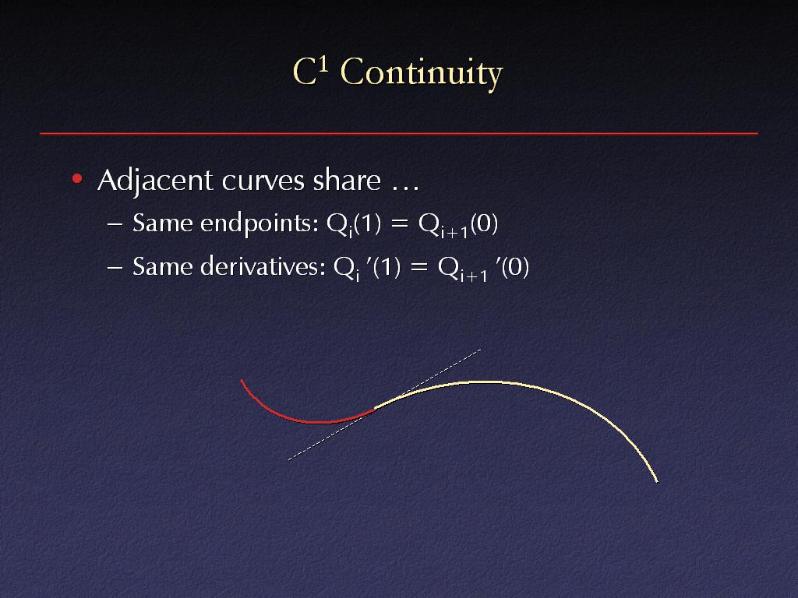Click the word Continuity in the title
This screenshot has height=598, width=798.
pyautogui.click(x=422, y=73)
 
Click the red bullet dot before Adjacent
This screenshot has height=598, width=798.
pyautogui.click(x=77, y=178)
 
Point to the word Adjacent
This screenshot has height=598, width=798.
pyautogui.click(x=155, y=181)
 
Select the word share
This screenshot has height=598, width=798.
pyautogui.click(x=347, y=180)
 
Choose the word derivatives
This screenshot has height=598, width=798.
pyautogui.click(x=263, y=266)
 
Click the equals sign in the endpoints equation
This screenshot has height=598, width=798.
pyautogui.click(x=400, y=223)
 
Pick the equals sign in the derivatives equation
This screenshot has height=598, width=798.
pyautogui.click(x=418, y=267)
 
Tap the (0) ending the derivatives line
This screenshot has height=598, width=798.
pyautogui.click(x=515, y=267)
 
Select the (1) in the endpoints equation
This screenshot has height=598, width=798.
pyautogui.click(x=367, y=223)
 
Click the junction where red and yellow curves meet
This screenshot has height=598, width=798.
pyautogui.click(x=375, y=408)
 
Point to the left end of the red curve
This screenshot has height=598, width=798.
pyautogui.click(x=242, y=380)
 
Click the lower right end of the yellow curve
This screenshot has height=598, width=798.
pyautogui.click(x=658, y=481)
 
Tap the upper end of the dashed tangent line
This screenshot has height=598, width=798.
pyautogui.click(x=481, y=350)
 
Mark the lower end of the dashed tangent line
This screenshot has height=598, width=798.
pyautogui.click(x=288, y=460)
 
